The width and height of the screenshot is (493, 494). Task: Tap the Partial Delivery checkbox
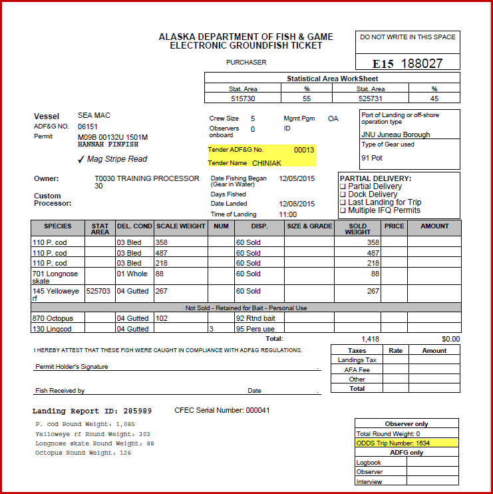pyautogui.click(x=343, y=187)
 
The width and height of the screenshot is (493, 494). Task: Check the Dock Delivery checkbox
pyautogui.click(x=343, y=195)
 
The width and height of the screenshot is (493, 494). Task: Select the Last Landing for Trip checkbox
pyautogui.click(x=343, y=202)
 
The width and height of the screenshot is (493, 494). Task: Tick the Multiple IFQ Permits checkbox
pyautogui.click(x=343, y=210)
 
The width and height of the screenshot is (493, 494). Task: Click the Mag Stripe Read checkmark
pyautogui.click(x=81, y=159)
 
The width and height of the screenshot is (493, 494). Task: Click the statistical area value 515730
pyautogui.click(x=243, y=99)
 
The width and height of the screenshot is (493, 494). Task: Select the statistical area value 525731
pyautogui.click(x=371, y=99)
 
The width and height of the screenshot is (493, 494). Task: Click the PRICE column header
pyautogui.click(x=394, y=226)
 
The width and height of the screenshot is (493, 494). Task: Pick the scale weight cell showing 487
pyautogui.click(x=162, y=253)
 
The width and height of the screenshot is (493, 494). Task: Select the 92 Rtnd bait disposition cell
pyautogui.click(x=255, y=318)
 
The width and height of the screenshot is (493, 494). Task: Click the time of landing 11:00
pyautogui.click(x=288, y=215)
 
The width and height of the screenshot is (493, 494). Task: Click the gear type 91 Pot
pyautogui.click(x=372, y=158)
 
